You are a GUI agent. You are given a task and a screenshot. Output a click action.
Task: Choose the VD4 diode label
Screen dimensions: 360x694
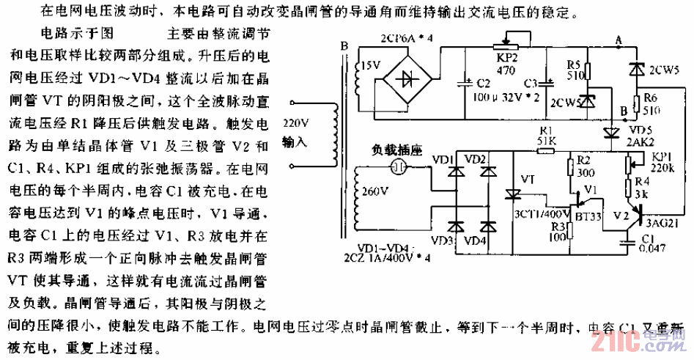click(x=476, y=240)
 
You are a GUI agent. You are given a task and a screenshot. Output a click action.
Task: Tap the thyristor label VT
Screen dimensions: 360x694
click(x=527, y=178)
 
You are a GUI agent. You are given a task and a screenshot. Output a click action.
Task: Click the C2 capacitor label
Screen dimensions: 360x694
click(x=484, y=83)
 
